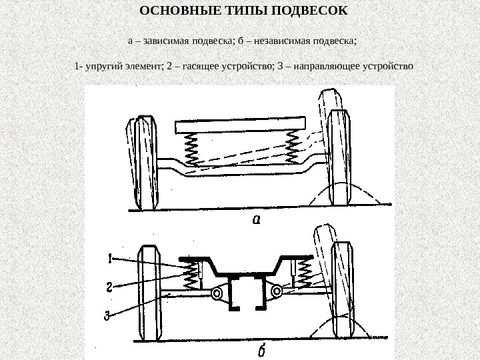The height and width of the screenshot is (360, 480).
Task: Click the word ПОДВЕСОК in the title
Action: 316,11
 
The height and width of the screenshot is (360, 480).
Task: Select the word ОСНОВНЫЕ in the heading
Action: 172,11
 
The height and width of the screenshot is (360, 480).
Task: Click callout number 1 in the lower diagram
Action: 110,257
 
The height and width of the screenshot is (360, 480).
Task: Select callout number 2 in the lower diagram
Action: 109,287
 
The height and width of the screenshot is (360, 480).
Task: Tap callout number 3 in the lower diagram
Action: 107,315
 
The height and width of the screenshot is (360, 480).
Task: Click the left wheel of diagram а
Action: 143,162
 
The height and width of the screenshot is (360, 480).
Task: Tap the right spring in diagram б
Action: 304,270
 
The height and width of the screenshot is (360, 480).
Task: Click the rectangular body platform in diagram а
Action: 240,125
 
